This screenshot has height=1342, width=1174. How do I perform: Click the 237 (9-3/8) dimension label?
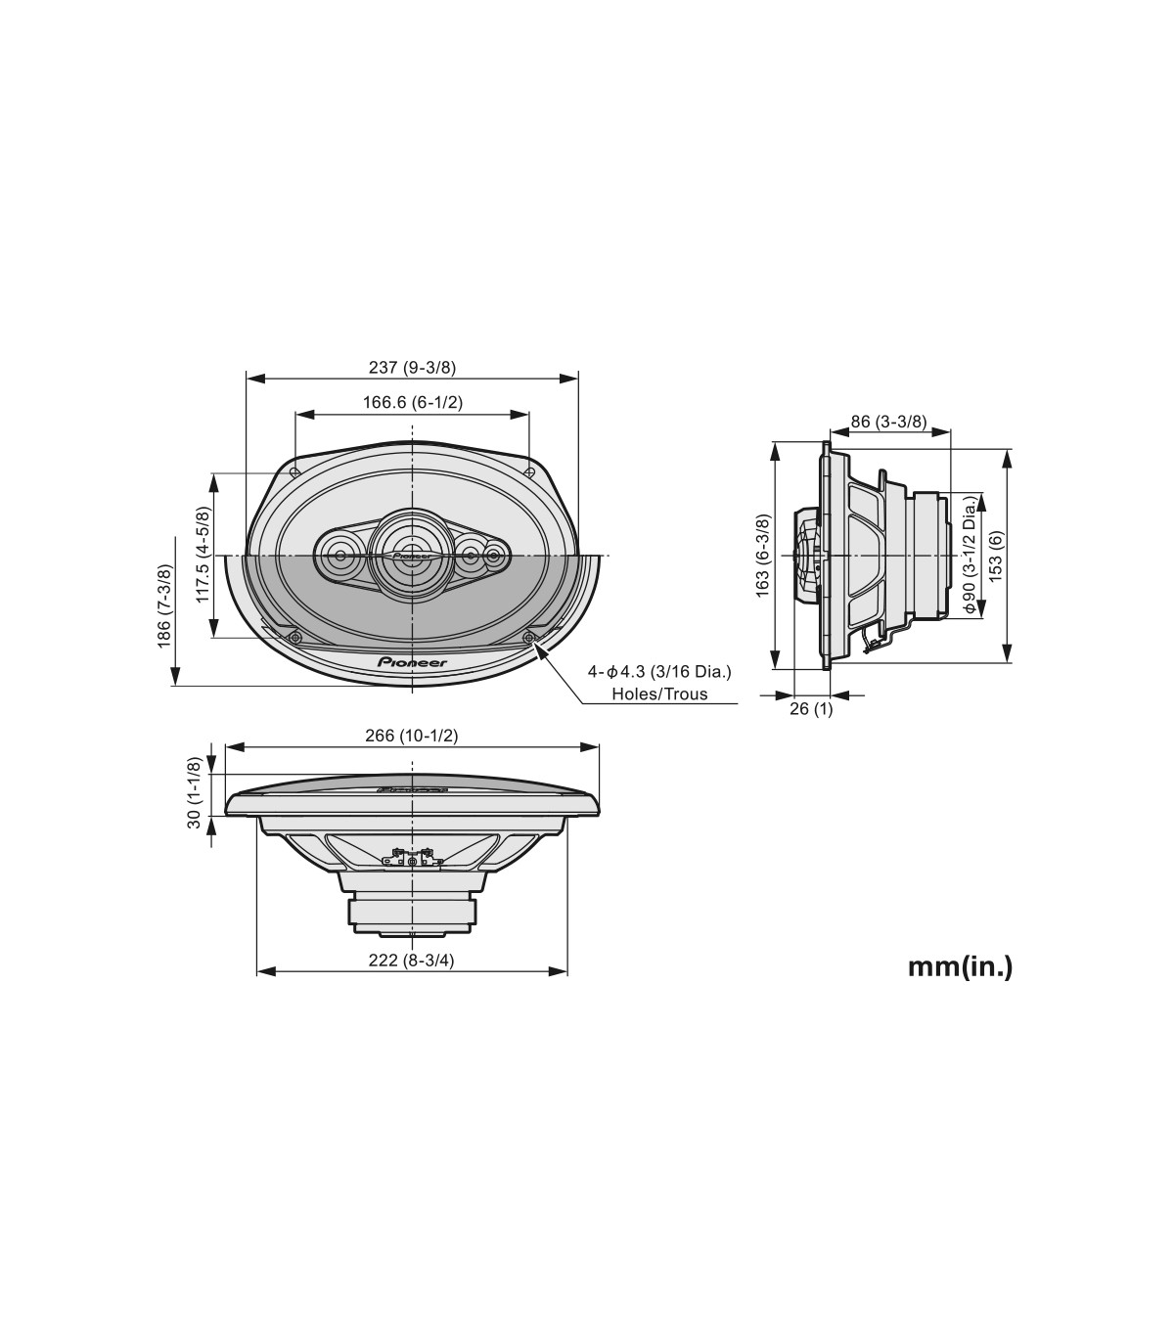412,368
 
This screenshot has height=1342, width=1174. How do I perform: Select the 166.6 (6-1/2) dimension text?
413,403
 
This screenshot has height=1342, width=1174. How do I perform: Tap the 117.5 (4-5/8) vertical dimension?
203,555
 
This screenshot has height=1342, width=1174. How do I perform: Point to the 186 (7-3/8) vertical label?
164,605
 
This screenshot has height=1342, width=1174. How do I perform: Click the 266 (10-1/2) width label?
411,736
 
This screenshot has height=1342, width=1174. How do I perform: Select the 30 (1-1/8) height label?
195,792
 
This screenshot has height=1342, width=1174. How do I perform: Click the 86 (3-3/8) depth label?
888,422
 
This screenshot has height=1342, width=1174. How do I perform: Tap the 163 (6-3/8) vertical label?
763,556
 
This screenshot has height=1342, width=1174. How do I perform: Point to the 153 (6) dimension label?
996,556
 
